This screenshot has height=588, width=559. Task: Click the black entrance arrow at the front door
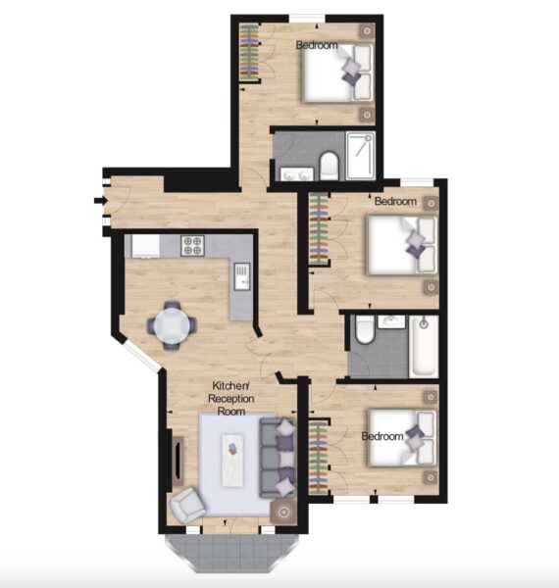(101, 201)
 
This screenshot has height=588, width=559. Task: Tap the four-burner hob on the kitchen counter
(192, 246)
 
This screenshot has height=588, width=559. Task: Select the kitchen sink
(241, 276)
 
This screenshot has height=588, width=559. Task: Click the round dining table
(172, 325)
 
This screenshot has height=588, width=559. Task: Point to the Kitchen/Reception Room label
(231, 398)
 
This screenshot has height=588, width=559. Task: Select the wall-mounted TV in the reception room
(178, 461)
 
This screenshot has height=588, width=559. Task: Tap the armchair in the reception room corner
(187, 506)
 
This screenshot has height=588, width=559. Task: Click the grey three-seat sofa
(278, 458)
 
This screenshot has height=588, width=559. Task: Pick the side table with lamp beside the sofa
(283, 512)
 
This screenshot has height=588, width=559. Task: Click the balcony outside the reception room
(232, 553)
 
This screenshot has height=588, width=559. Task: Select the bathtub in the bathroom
(424, 347)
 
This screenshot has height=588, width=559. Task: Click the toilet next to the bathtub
(364, 329)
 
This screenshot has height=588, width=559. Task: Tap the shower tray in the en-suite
(361, 156)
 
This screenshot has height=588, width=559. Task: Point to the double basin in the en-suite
(296, 174)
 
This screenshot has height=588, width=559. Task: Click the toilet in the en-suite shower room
(329, 166)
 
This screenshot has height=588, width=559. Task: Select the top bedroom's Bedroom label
(317, 45)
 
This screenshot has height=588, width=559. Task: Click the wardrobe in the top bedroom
(249, 53)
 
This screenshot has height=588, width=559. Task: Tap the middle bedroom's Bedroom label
(395, 201)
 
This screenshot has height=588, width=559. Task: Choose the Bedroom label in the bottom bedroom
(382, 436)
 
